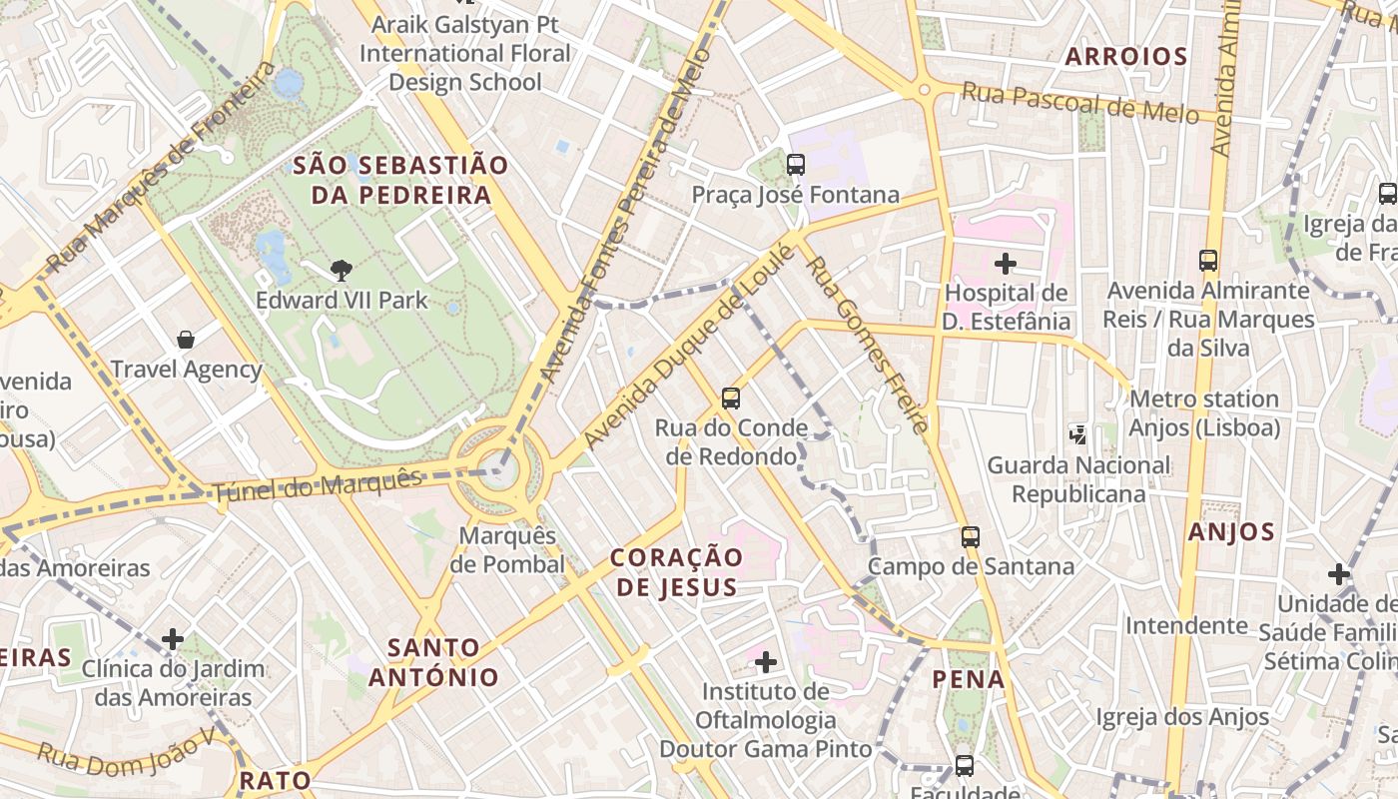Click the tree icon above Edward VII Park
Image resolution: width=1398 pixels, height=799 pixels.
[x=342, y=270]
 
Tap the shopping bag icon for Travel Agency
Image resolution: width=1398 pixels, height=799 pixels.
[x=185, y=340]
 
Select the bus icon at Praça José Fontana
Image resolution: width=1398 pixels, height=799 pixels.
[x=795, y=165]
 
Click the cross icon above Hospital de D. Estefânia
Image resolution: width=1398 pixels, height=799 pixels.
[x=1006, y=264]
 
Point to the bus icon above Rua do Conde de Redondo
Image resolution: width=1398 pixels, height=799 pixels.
[x=731, y=399]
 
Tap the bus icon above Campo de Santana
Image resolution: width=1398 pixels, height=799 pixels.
[x=970, y=537]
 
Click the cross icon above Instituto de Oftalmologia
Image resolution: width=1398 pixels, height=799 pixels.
[x=766, y=661]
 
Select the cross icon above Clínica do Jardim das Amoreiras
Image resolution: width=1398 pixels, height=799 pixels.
[x=173, y=638]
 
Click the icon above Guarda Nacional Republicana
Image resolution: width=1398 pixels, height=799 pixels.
[x=1077, y=434]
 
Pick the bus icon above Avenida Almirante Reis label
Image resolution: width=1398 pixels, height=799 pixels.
[x=1208, y=261]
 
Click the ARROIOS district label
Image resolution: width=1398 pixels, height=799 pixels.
[x=1125, y=57]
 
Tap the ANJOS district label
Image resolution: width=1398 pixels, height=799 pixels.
[x=1231, y=532]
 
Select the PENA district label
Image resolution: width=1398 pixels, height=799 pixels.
[x=968, y=679]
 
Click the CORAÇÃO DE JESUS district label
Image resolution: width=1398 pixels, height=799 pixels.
[x=676, y=571]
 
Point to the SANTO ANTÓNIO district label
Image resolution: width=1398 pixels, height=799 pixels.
[x=433, y=662]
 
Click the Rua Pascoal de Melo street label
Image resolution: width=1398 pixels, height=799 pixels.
[x=1078, y=103]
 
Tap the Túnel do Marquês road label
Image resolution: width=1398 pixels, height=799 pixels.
[x=317, y=485]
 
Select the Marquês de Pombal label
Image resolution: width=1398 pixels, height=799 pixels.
[x=507, y=549]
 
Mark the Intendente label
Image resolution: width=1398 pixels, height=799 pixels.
[x=1186, y=626]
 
